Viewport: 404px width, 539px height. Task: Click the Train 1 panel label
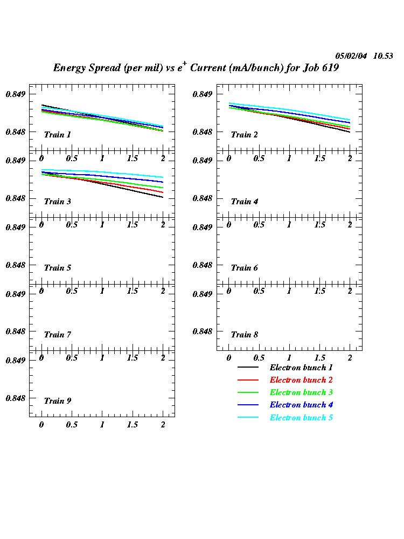point(57,135)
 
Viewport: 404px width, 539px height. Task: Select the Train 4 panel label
point(245,202)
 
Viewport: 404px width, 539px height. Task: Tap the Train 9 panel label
point(57,401)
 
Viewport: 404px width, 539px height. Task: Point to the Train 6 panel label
point(245,268)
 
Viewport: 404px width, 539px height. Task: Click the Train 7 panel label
point(57,335)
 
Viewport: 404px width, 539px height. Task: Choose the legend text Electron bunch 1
point(301,368)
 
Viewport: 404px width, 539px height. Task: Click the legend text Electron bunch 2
point(301,380)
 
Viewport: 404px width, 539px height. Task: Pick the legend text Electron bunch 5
point(301,418)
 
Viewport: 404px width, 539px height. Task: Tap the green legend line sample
point(248,392)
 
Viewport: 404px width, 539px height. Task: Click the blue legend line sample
point(248,405)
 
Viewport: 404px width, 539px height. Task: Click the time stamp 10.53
point(383,56)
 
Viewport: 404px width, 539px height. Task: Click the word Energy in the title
point(68,68)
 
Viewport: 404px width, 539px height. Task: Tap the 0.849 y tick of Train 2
point(203,94)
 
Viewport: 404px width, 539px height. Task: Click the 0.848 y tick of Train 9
point(16,398)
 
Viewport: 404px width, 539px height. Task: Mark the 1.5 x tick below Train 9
point(132,425)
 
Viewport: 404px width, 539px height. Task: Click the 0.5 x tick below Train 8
point(259,358)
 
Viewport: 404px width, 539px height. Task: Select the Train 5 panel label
point(57,268)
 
